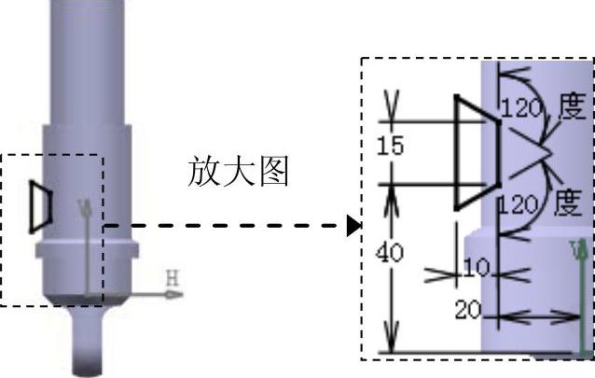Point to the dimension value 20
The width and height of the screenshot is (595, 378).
[467, 310]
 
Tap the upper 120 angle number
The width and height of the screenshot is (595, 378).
[519, 109]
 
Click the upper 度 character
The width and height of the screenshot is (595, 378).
[570, 105]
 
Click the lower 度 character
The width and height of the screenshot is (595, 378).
[568, 201]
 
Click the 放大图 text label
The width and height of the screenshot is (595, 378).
[239, 172]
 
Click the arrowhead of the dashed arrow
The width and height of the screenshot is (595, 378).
[353, 226]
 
